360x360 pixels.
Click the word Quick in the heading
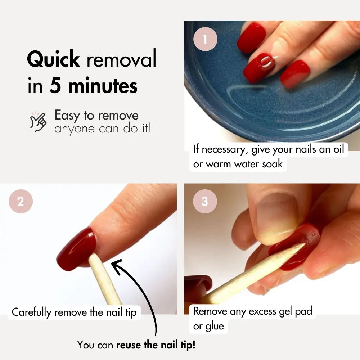53,59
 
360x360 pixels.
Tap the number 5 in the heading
55,86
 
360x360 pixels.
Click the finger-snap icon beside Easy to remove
38,122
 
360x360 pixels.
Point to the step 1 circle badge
205,39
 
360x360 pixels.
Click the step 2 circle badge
21,201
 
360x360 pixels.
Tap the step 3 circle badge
205,201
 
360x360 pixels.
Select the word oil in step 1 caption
339,149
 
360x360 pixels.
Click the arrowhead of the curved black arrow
116,266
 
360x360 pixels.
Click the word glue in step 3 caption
215,327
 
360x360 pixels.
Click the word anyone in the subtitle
75,129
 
